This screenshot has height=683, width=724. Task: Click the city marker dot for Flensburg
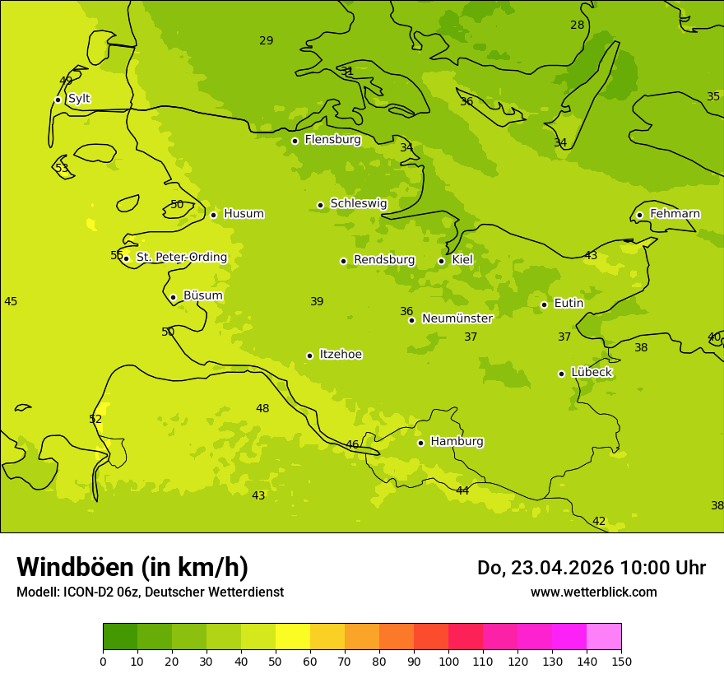click(295, 141)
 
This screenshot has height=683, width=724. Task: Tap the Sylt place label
click(79, 99)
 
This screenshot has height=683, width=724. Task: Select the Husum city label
click(244, 214)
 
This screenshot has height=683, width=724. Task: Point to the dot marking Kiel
click(441, 261)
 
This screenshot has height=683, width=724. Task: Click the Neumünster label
click(457, 318)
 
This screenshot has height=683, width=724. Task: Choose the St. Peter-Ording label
click(181, 258)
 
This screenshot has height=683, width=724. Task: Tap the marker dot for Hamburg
click(420, 443)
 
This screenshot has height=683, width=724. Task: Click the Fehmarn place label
click(675, 214)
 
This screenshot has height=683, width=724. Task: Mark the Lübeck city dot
click(561, 374)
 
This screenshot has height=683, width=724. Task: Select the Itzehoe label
click(341, 355)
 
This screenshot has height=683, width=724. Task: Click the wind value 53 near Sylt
click(62, 168)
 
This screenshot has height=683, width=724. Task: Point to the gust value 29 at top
click(266, 40)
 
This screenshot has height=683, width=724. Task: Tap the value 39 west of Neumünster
click(317, 302)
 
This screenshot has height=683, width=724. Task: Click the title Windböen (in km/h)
click(132, 567)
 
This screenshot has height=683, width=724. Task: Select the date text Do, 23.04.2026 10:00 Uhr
click(591, 568)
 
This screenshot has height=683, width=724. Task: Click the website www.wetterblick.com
click(593, 592)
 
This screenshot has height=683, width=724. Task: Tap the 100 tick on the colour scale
click(448, 661)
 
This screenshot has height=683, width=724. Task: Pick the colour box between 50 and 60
click(292, 637)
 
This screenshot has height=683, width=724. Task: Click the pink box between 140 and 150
click(604, 637)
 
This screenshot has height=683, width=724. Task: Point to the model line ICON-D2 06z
click(150, 592)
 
